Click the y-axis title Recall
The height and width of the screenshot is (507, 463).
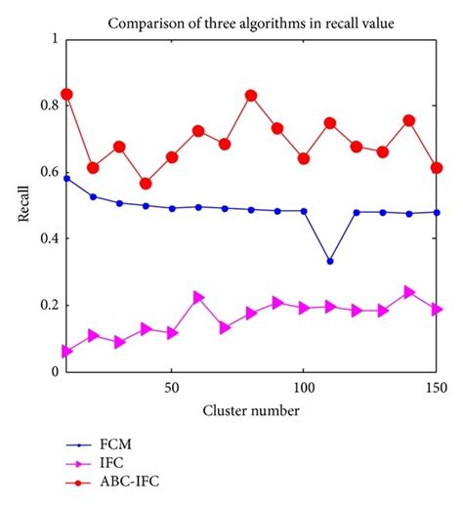click(23, 204)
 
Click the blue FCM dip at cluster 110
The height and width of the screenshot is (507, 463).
click(330, 261)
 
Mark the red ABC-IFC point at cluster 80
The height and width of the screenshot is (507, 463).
click(251, 96)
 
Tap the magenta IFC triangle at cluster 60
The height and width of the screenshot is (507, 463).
click(198, 297)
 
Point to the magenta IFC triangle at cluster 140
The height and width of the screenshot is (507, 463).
click(409, 291)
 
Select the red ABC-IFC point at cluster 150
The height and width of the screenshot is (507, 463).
click(437, 168)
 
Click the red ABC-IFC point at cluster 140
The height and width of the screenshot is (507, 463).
click(409, 120)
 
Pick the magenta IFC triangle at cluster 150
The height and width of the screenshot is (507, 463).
click(437, 309)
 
